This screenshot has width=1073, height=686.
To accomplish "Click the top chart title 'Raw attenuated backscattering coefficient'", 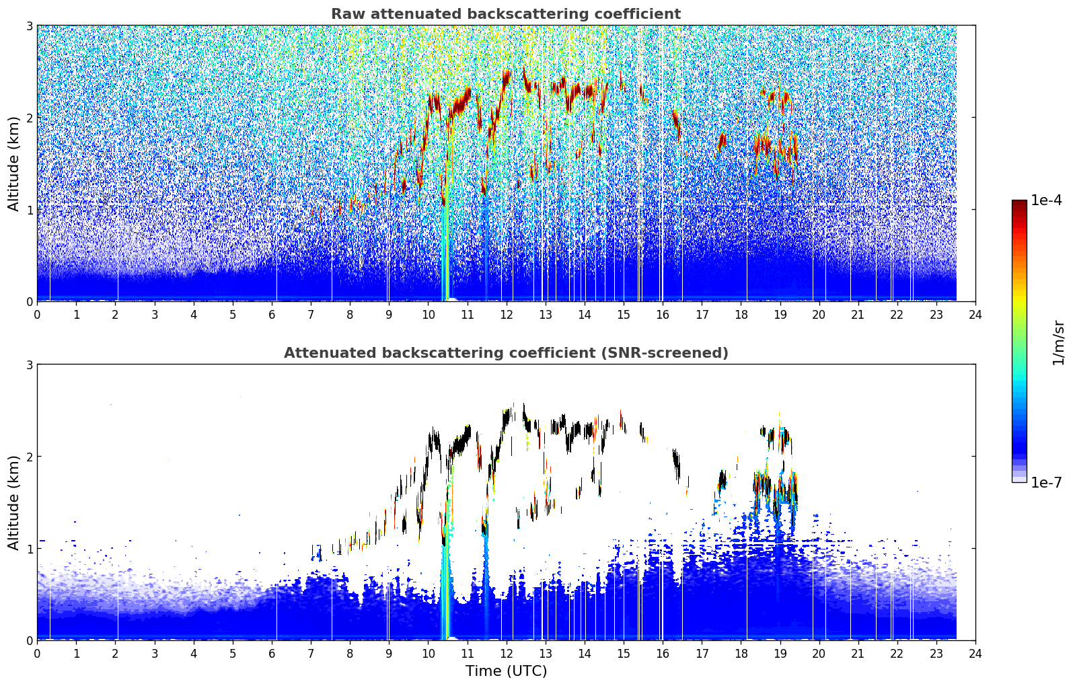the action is tap(506, 14).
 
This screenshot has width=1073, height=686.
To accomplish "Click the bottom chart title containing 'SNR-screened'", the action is tap(506, 353).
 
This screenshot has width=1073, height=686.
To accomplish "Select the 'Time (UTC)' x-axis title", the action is tap(506, 671).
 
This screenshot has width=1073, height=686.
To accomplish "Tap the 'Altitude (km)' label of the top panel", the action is tap(13, 164).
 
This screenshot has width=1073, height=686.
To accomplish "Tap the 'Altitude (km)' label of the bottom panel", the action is tap(13, 503).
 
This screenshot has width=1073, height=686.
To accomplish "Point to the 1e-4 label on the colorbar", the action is tap(1046, 200).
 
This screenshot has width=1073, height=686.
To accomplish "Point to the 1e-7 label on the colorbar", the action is tap(1046, 482).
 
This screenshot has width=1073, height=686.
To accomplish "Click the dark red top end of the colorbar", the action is tap(1019, 202).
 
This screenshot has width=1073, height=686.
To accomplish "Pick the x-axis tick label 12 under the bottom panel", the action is tap(507, 654).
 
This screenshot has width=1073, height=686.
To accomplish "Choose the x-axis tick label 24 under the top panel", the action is tap(975, 315).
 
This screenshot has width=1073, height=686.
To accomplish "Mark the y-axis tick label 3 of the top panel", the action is tap(29, 26).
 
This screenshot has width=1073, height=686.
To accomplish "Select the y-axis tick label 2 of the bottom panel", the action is tap(29, 457).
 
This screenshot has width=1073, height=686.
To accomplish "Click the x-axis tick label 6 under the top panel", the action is tap(272, 315).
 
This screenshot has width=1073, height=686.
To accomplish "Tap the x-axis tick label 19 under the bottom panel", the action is tap(780, 654).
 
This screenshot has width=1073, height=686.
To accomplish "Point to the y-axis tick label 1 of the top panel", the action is tap(29, 210).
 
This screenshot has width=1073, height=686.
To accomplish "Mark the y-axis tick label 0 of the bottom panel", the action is tap(29, 640).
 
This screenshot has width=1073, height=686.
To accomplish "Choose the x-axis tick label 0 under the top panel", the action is tap(38, 315).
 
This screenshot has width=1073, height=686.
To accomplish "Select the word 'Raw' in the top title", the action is tap(348, 14).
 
